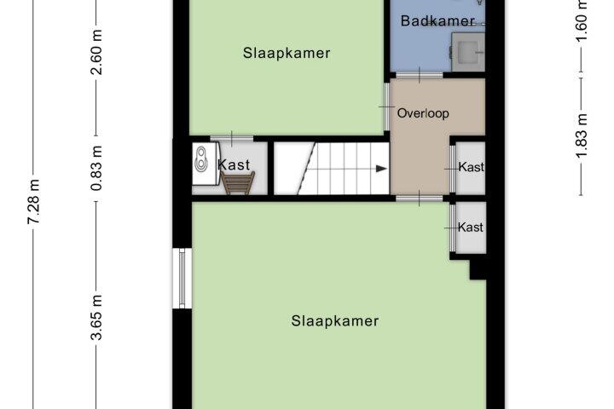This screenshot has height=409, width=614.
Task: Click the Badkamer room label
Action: point(437,20)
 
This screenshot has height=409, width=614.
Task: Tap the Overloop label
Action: point(423,113)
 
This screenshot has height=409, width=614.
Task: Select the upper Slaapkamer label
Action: point(287,53)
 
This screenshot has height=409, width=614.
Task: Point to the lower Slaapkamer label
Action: point(335,321)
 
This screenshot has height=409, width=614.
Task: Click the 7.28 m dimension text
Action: point(33,201)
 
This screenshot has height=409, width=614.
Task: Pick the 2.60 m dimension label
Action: point(96,52)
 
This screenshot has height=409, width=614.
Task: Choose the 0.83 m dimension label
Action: point(96,169)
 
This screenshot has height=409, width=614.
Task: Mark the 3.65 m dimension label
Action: point(96,318)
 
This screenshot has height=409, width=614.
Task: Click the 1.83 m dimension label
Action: point(582,135)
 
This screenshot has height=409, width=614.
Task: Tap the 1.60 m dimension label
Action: point(582,20)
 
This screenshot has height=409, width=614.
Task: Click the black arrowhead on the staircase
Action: point(381,169)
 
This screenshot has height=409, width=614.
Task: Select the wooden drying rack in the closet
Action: point(238,183)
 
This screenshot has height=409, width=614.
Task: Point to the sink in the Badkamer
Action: point(468,52)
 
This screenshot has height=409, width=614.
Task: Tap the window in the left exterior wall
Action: point(182,278)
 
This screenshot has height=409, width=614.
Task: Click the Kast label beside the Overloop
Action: point(471,167)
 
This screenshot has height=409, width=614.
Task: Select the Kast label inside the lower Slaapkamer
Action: point(470,227)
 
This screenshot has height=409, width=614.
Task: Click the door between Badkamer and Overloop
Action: point(420,75)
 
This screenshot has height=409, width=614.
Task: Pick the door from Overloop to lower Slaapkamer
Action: point(420,198)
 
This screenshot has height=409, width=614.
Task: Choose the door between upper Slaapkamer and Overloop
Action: point(386,107)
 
